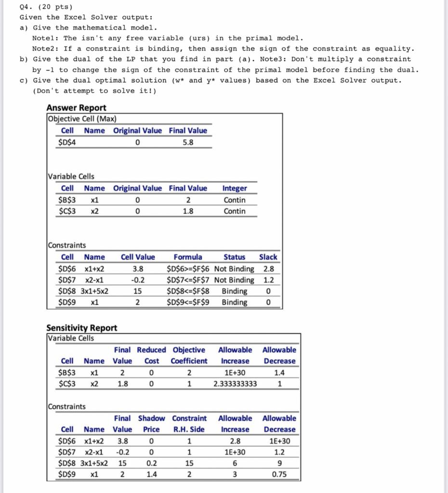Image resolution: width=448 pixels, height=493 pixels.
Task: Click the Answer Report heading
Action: (x=76, y=108)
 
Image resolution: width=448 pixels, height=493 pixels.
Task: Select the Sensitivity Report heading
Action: (x=81, y=328)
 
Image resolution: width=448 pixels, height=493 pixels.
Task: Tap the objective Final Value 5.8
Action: (x=188, y=143)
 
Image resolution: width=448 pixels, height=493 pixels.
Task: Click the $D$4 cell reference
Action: (x=66, y=143)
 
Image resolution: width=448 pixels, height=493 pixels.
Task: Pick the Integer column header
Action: (x=235, y=188)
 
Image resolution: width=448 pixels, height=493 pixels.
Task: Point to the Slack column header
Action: (x=268, y=257)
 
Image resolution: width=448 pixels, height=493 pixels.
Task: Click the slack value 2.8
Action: (x=268, y=269)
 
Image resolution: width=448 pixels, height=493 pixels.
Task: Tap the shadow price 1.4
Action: (x=151, y=475)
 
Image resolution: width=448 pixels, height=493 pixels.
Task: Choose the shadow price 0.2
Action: (x=151, y=464)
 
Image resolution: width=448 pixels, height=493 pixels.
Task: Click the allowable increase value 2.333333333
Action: (x=235, y=384)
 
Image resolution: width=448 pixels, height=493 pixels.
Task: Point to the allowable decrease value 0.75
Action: (x=279, y=475)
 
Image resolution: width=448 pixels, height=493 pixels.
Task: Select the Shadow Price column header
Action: (x=151, y=424)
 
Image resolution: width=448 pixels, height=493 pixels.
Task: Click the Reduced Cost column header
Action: (x=151, y=355)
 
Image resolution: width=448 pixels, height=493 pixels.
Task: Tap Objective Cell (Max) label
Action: (x=82, y=119)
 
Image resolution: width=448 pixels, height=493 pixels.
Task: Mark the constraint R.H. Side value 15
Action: (x=188, y=464)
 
